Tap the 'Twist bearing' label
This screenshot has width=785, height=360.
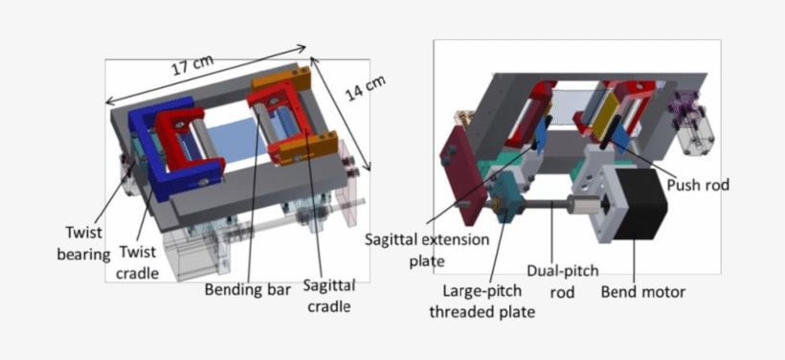[89, 239]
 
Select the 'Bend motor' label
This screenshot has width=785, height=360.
[642, 292]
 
